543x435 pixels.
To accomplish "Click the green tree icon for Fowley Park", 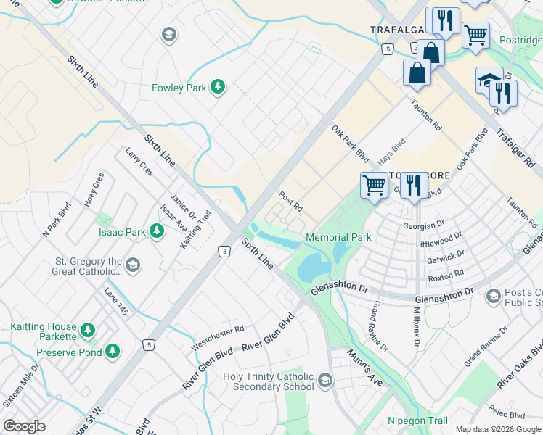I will coord(217,88).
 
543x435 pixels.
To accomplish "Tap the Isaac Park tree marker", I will coord(156,232).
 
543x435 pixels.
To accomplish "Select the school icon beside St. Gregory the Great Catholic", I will coord(132,265).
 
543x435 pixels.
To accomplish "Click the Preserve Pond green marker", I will coord(112,352).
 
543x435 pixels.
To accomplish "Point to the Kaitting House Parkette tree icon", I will coord(88,331).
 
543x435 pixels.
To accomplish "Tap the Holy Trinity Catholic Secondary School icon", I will coord(325,380).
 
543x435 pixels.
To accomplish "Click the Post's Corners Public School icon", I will coord(494,296).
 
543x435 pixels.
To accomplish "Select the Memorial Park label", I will coord(338,237).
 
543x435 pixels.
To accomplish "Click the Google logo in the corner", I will coord(24,426).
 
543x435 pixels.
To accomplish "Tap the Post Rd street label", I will coord(290,200).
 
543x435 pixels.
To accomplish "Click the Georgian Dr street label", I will coord(428,225).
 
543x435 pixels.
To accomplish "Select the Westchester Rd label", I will coord(217,338).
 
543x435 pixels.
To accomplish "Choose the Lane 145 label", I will coord(115,301).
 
